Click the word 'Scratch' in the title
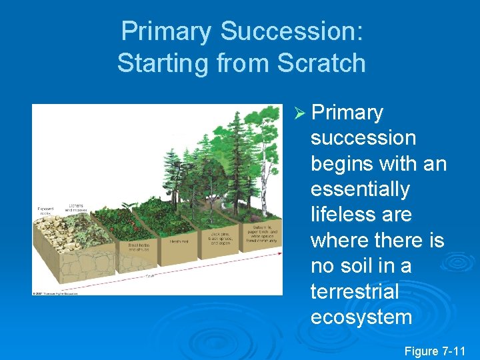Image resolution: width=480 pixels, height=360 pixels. (321, 63)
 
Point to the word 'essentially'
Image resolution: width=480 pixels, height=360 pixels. (360, 189)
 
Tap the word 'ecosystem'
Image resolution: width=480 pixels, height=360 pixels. (361, 317)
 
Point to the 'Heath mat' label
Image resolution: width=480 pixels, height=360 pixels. (179, 241)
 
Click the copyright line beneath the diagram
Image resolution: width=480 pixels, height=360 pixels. (56, 293)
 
